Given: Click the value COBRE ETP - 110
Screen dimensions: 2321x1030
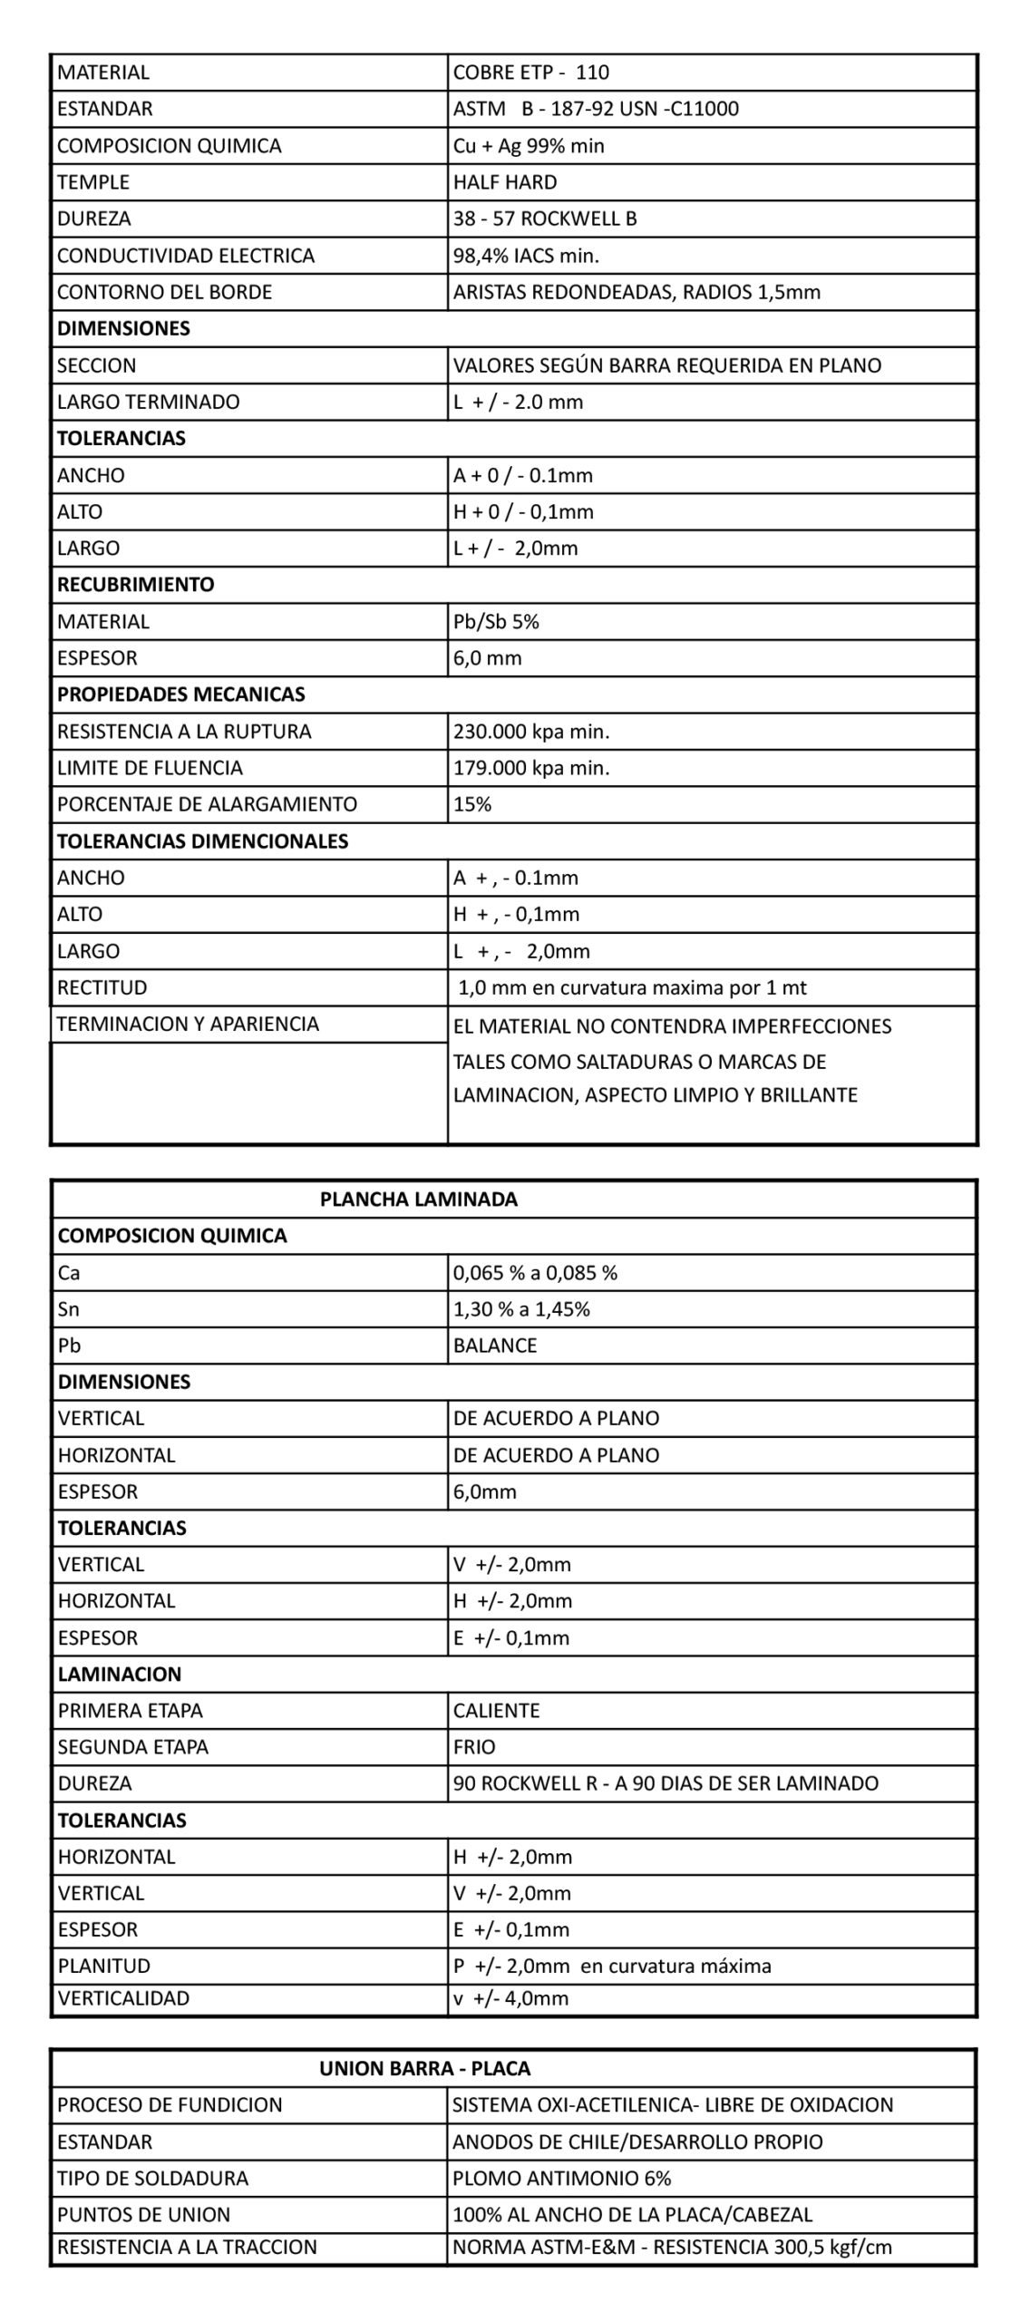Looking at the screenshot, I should point(531,73).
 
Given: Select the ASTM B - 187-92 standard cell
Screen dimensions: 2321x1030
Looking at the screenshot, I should point(596,109).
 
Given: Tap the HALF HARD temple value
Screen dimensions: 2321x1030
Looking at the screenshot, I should point(505,182).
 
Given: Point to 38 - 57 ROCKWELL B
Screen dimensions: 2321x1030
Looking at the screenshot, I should point(545,219).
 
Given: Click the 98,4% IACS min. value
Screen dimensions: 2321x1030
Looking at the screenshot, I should point(526,256).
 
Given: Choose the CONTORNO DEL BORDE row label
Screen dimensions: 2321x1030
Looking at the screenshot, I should point(164,292).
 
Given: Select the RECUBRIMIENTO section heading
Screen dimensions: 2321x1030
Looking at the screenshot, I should point(136,584).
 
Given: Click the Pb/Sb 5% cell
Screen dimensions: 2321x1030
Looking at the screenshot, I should point(496,621).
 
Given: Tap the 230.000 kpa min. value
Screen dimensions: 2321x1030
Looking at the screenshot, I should point(531,731).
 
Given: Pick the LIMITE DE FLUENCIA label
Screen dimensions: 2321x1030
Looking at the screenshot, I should point(150,768).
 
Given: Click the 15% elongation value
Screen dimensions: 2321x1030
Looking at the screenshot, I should point(472,804).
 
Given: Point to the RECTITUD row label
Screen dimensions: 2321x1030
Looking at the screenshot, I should point(102,987).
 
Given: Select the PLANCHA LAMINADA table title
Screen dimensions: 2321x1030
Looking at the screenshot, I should point(418,1199).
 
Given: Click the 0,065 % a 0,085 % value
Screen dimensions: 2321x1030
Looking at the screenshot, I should point(535,1272).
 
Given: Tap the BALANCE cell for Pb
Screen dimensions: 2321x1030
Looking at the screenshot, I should point(495,1345).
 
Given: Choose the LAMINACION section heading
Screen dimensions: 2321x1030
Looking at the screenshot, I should point(120,1674).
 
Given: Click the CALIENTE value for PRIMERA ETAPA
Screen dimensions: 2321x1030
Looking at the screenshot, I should point(496,1710).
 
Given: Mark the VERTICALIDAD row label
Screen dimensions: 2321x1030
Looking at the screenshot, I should point(123,1997).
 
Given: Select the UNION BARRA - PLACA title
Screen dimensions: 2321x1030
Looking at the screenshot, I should point(424,2068).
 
